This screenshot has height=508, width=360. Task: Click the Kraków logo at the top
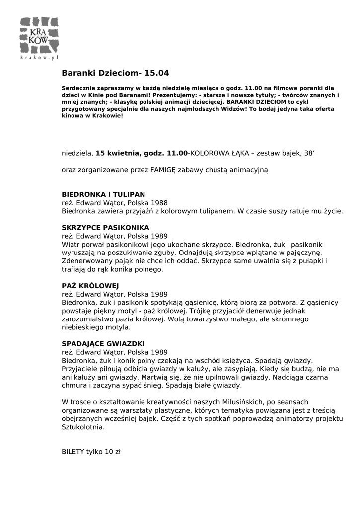[40, 35]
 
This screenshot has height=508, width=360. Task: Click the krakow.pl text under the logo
[40, 58]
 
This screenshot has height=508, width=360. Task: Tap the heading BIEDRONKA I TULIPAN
[103, 194]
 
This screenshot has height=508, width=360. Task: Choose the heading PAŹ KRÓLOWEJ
[87, 286]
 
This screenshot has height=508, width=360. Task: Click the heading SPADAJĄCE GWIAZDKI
[103, 343]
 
